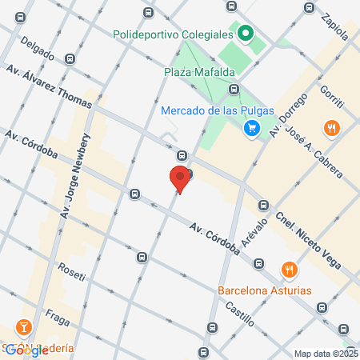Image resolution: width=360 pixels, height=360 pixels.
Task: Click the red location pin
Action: [180, 178]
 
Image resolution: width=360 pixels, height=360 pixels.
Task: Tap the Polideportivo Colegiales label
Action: [172, 34]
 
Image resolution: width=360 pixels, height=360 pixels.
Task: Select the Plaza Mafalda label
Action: [194, 73]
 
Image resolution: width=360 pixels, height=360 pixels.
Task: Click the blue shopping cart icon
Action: [252, 127]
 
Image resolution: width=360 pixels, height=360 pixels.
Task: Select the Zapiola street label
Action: [336, 26]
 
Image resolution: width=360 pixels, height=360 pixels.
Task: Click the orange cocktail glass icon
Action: [25, 328]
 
